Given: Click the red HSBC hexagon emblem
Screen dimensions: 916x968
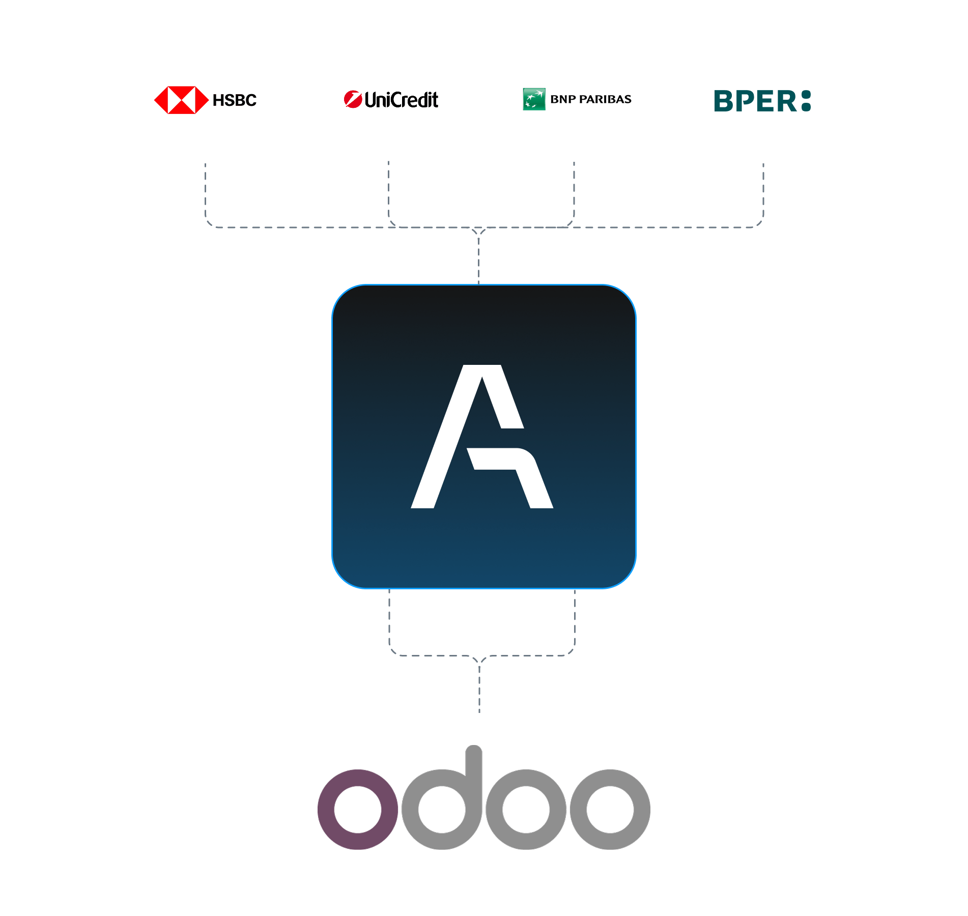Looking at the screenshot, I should (x=181, y=100).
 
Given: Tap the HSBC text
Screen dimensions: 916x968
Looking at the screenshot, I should (x=235, y=100).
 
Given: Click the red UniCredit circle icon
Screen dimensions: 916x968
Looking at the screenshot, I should (x=352, y=99).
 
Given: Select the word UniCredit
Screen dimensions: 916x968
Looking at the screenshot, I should (x=402, y=100).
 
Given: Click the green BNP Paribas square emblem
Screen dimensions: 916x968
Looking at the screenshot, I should (x=534, y=99).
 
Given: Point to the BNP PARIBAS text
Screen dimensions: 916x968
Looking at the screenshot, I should (x=591, y=99).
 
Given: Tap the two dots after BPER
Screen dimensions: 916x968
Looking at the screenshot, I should (x=806, y=101).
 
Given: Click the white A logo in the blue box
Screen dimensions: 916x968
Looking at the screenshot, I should (x=481, y=437).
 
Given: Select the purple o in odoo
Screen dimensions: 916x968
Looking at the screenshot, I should (x=358, y=809).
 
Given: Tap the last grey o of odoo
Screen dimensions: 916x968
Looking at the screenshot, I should (x=610, y=809).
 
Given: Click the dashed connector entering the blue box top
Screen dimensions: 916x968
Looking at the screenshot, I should (x=479, y=260).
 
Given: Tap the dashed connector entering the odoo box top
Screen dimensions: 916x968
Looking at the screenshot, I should (x=479, y=687).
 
